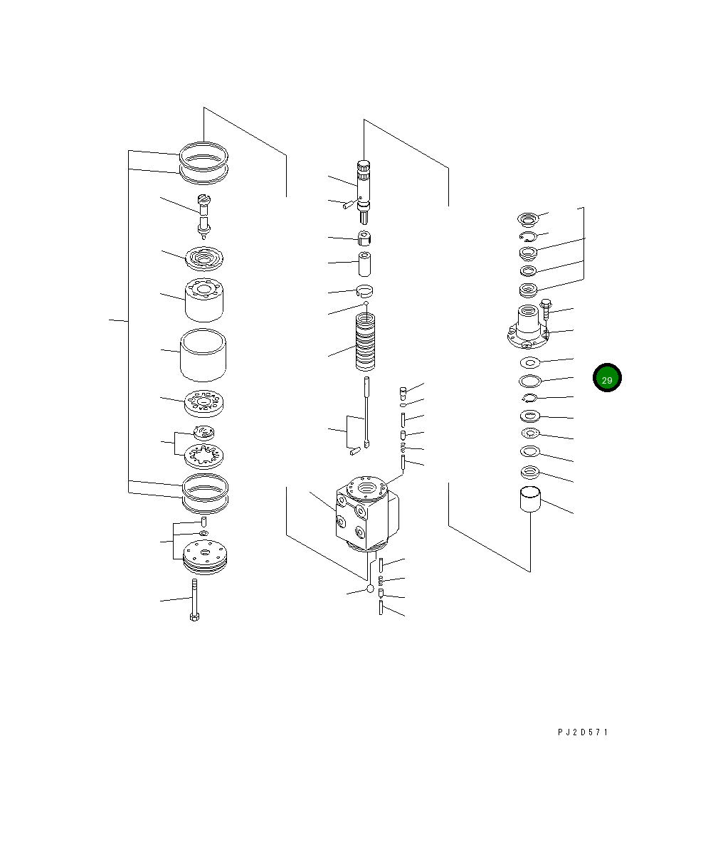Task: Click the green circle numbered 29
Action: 607,377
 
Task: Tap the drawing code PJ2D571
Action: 583,732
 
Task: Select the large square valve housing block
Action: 367,513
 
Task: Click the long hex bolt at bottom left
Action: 194,600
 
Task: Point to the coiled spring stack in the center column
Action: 366,342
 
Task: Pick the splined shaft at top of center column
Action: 364,191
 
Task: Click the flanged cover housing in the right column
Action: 528,327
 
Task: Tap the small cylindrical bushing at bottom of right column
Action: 530,499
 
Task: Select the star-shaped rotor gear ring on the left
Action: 204,457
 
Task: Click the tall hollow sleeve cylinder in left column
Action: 203,355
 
